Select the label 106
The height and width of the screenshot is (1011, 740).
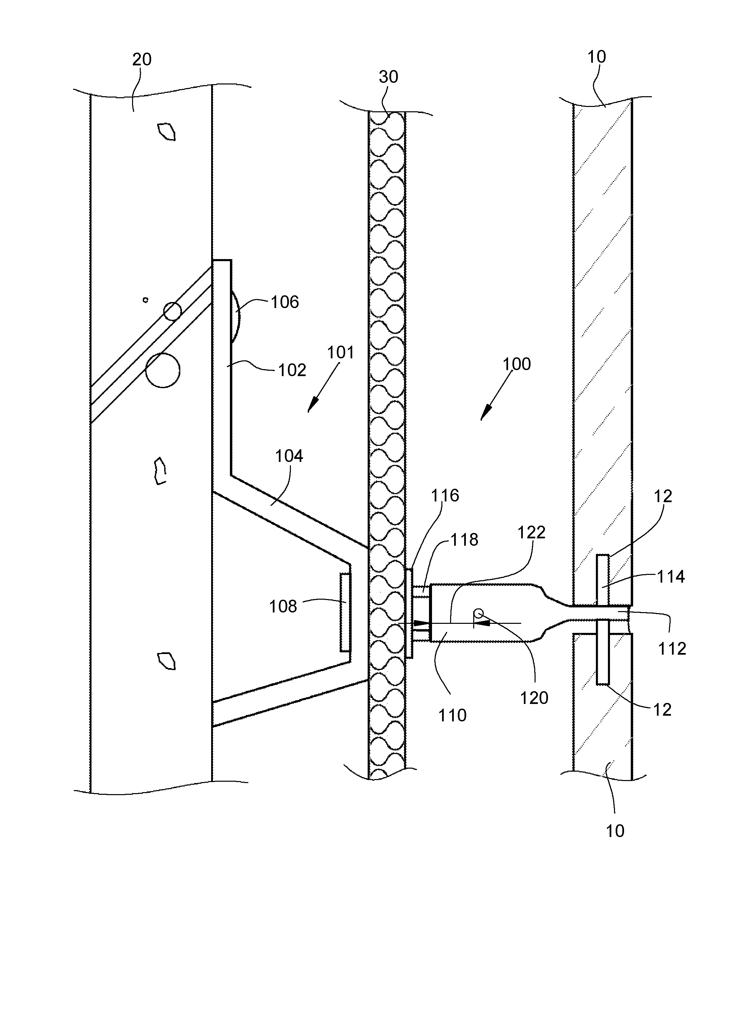tap(285, 302)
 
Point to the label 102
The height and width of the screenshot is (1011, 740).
tap(292, 370)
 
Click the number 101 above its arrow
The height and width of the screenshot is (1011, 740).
tap(341, 353)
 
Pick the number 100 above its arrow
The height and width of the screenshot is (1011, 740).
tap(516, 364)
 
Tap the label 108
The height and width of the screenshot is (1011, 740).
tap(283, 606)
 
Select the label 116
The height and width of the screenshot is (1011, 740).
tap(445, 495)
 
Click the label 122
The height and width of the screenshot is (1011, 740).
tap(531, 532)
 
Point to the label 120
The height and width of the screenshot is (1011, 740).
tap(534, 698)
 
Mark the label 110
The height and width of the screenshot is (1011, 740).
tap(452, 715)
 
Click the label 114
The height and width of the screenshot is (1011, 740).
tap(671, 577)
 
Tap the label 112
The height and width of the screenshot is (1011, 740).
tap(672, 649)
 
